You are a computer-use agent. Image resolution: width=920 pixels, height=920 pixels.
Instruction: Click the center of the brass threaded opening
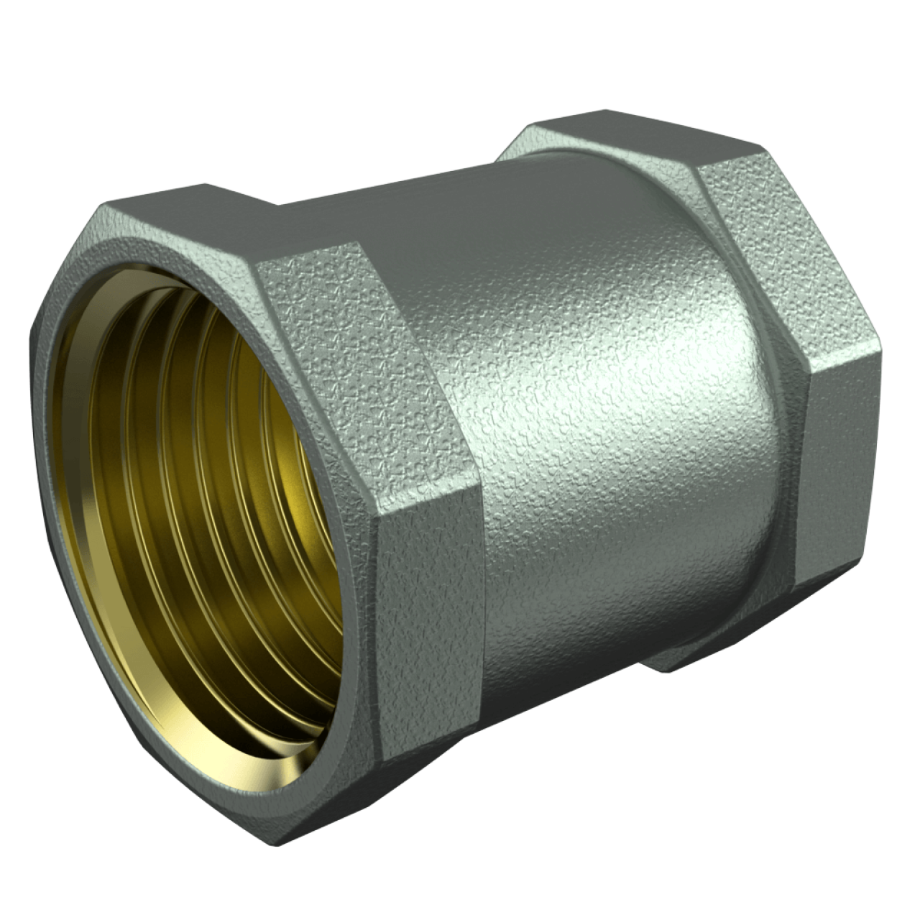tap(216, 446)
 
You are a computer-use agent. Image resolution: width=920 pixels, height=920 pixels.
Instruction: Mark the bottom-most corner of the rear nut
tap(668, 672)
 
